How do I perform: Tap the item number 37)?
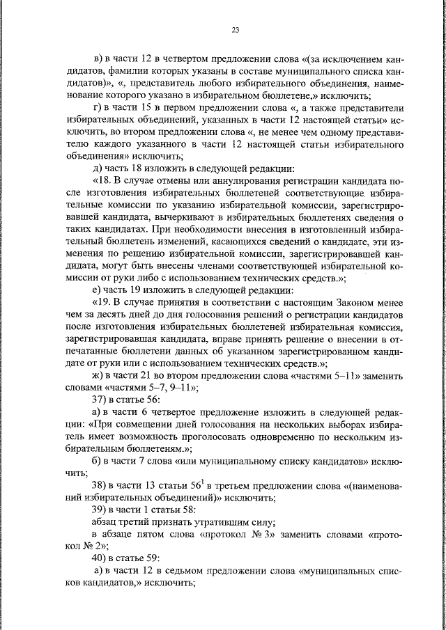tap(99, 400)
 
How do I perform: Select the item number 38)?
tap(99, 485)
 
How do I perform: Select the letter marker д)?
tap(98, 167)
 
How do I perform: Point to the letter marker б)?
tap(98, 461)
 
